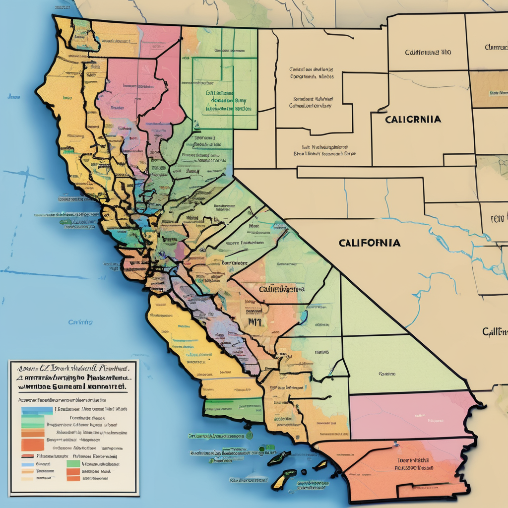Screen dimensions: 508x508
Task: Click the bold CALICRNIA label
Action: tap(413, 120)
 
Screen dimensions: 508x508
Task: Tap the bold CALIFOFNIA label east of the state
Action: tap(370, 243)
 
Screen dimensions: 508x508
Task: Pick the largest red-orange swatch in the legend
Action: tap(32, 444)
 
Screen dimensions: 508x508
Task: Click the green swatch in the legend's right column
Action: tap(73, 463)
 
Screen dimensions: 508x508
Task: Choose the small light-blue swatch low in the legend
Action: tap(27, 464)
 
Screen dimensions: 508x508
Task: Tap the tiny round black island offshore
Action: tap(250, 436)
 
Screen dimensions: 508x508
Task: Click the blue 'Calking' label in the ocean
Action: tap(80, 322)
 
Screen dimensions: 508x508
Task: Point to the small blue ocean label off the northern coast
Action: tap(13, 97)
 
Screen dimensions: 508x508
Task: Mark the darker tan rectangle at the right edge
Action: tap(489, 89)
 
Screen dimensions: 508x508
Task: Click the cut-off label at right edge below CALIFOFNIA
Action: tap(495, 331)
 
